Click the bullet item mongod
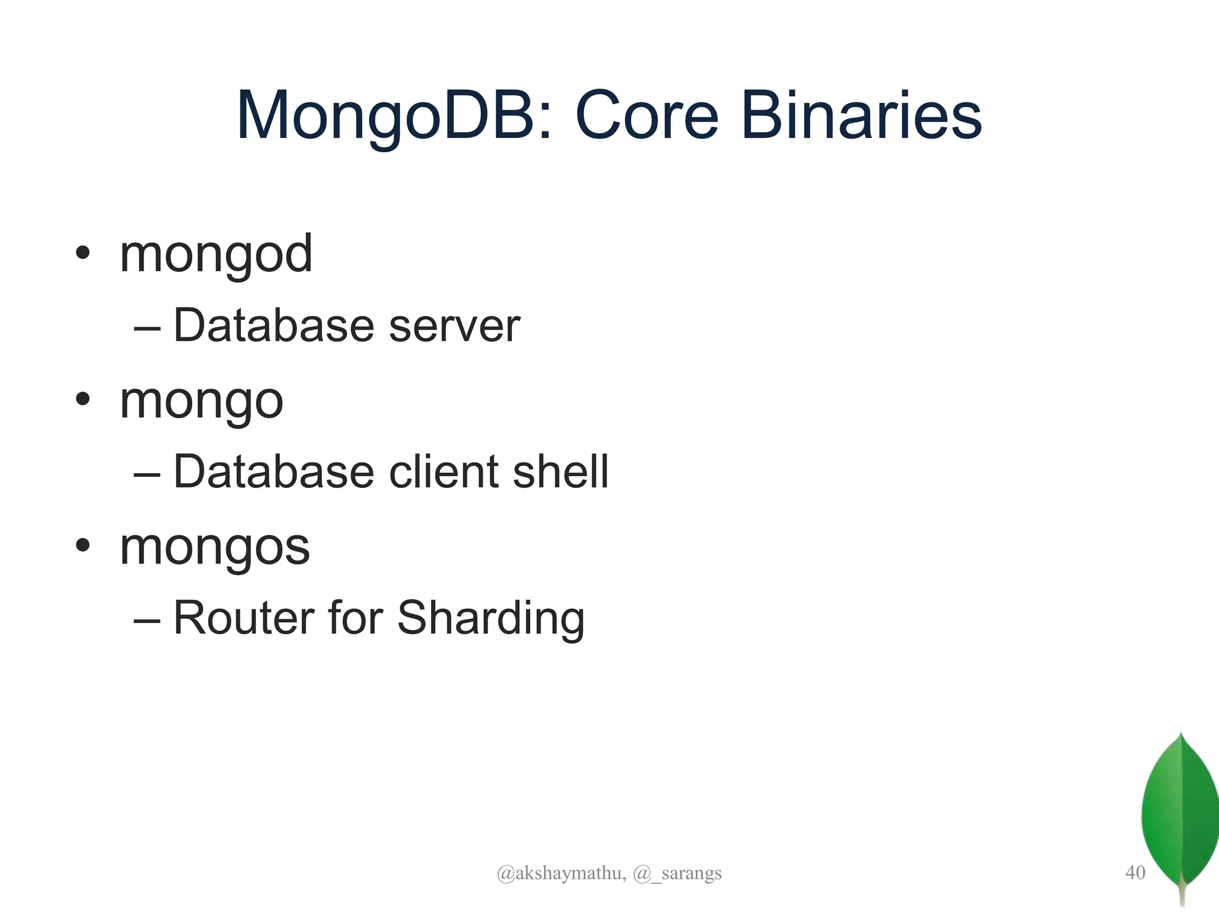point(216,255)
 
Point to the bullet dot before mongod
point(83,252)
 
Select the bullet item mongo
point(201,401)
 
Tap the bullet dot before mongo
point(83,399)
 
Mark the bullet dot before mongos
point(83,545)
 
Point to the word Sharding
point(490,619)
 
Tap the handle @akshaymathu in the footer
point(561,873)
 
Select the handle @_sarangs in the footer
point(677,873)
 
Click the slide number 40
point(1135,872)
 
